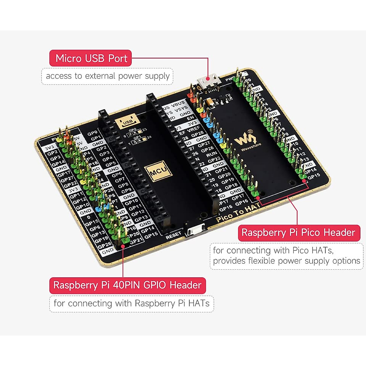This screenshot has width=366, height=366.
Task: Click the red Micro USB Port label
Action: (x=91, y=58)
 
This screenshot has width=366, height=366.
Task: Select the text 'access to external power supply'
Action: (x=107, y=76)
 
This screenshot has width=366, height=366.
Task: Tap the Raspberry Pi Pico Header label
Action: (x=299, y=233)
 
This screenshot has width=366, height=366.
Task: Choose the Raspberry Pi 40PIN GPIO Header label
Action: (x=127, y=285)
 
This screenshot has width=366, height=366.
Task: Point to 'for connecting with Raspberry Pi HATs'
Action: (x=131, y=303)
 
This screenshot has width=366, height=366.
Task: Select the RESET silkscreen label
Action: (x=174, y=235)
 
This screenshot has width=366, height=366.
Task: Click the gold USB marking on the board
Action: (x=127, y=122)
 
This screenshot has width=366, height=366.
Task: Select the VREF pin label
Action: (x=194, y=128)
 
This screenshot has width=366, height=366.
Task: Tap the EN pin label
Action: (x=191, y=118)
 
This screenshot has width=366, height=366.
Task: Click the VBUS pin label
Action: (x=178, y=104)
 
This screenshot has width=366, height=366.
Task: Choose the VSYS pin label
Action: (x=181, y=109)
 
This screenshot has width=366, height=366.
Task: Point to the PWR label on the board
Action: (x=230, y=79)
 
